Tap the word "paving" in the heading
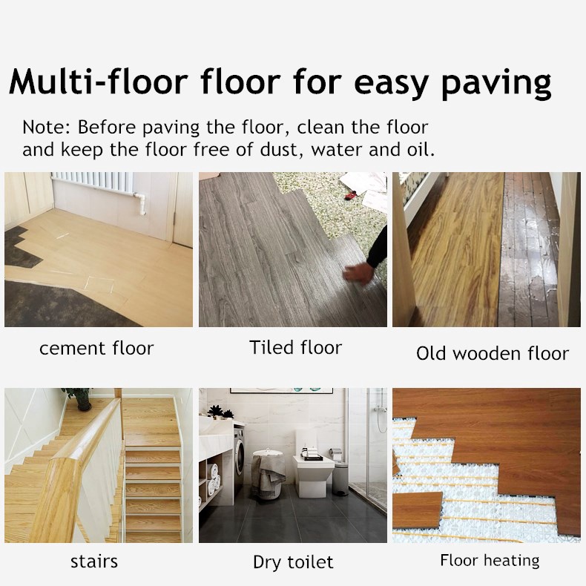pyautogui.click(x=496, y=83)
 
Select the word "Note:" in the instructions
pyautogui.click(x=47, y=127)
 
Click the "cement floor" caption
pyautogui.click(x=96, y=347)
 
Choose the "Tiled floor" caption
pyautogui.click(x=295, y=347)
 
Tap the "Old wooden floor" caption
pyautogui.click(x=493, y=353)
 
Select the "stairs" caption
pyautogui.click(x=94, y=561)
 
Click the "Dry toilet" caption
pyautogui.click(x=293, y=562)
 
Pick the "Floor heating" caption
pyautogui.click(x=490, y=560)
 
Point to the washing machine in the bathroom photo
pyautogui.click(x=239, y=452)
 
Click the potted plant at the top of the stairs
pyautogui.click(x=78, y=398)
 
